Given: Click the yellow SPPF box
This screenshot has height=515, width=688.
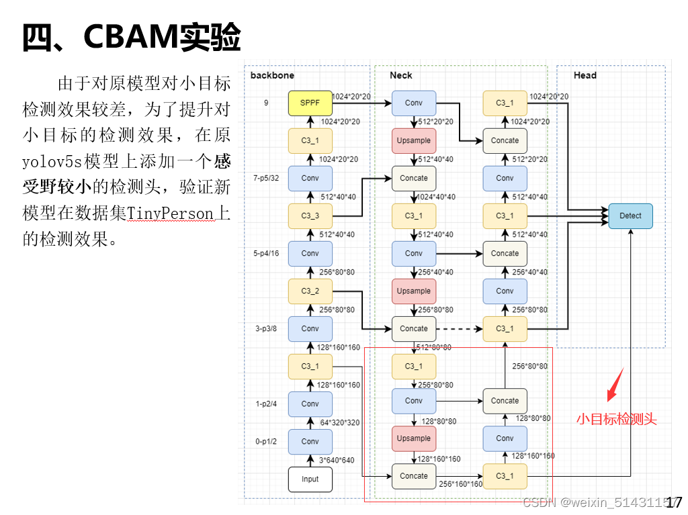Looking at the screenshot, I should (x=310, y=103).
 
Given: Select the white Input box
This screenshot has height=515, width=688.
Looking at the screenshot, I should (x=310, y=479).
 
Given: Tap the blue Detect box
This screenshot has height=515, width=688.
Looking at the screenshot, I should (x=630, y=216).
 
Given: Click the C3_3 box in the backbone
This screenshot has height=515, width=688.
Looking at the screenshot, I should (x=310, y=216).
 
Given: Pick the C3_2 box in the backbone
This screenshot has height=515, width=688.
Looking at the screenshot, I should (x=310, y=291).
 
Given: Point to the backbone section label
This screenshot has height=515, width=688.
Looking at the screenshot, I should (x=272, y=75).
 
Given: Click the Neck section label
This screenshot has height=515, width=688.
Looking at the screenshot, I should (x=401, y=75).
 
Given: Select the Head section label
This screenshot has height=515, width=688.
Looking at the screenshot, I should (x=585, y=75).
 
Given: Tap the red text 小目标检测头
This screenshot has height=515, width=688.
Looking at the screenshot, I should (x=616, y=420).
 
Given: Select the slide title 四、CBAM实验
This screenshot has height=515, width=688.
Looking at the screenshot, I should (x=132, y=38).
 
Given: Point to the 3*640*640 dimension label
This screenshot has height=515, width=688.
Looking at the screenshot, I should (x=336, y=460).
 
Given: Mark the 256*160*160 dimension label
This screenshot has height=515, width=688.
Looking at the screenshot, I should (x=461, y=483).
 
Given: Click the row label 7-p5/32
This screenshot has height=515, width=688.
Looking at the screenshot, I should (x=267, y=178).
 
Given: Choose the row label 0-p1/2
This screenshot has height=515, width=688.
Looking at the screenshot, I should (x=267, y=441).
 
